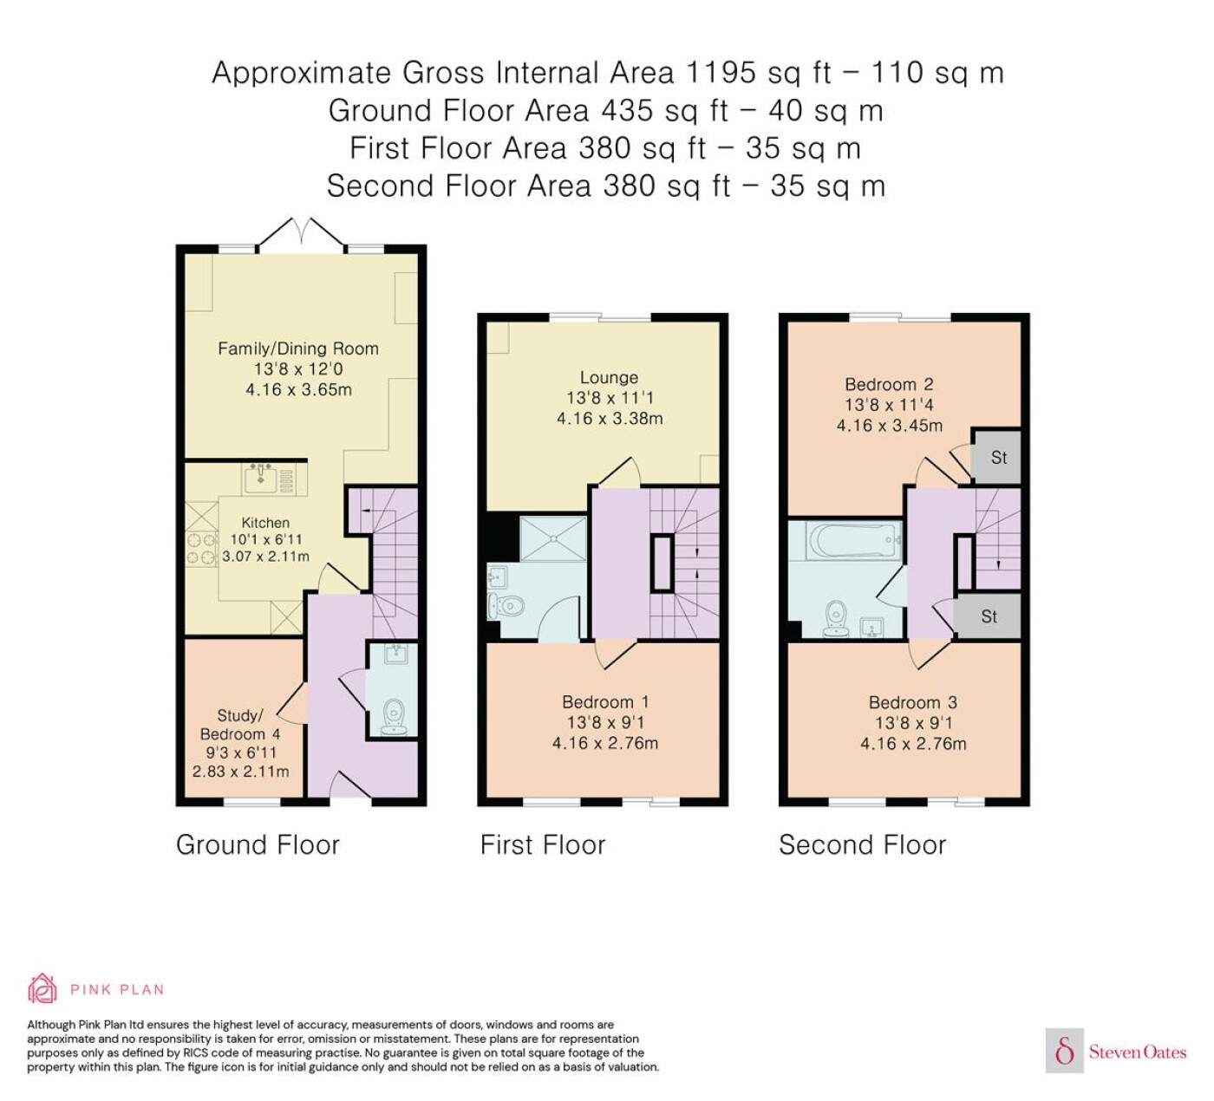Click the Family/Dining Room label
coord(298,349)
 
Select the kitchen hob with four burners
coord(201,549)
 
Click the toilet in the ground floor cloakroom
coord(394,717)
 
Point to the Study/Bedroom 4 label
coord(240,725)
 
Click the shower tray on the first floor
coord(553,538)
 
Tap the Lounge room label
coord(609,378)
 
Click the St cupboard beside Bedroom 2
coord(995,457)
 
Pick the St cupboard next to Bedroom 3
coord(987,616)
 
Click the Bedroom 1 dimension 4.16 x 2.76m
coord(604,743)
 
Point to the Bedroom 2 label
coord(889,384)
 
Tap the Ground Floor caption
coord(258,844)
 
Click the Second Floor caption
coord(862,844)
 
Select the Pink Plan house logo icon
coord(42,989)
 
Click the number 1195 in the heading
coord(721,73)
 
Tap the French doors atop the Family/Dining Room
coord(302,235)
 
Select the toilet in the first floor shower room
coord(505,605)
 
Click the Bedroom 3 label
coord(912,702)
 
